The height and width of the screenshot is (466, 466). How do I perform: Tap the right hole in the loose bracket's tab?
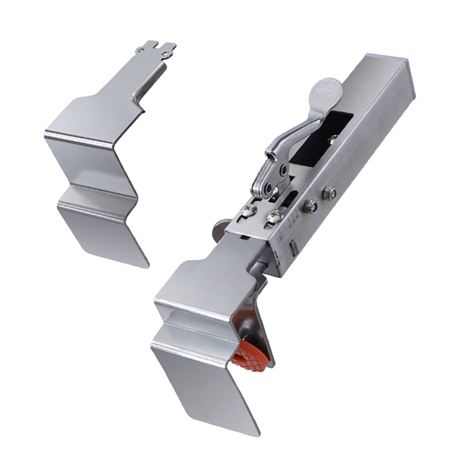pyautogui.click(x=165, y=53)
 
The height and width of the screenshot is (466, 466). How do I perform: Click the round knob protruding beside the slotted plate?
pyautogui.click(x=217, y=229)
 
